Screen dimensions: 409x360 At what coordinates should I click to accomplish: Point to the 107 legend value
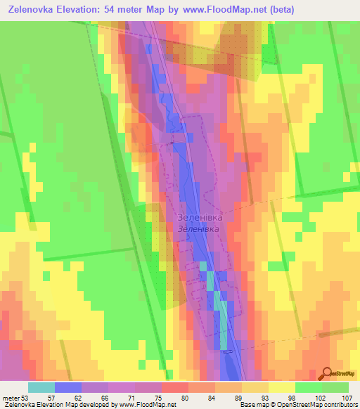click(x=347, y=398)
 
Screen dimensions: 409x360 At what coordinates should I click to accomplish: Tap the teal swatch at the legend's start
click(x=41, y=387)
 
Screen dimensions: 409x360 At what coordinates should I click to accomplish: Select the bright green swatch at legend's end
click(x=335, y=387)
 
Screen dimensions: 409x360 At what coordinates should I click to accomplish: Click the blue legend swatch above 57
click(x=67, y=387)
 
